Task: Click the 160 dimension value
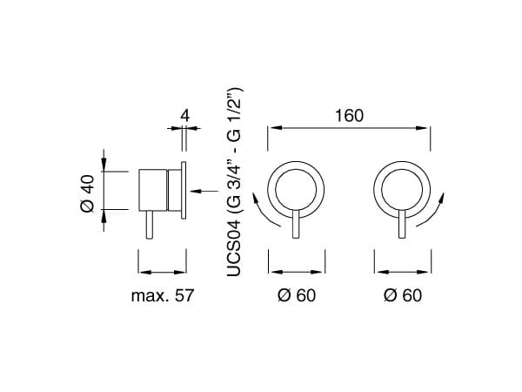pyautogui.click(x=349, y=116)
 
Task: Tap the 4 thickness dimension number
pyautogui.click(x=185, y=116)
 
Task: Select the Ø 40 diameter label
pyautogui.click(x=88, y=193)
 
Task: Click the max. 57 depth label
pyautogui.click(x=163, y=295)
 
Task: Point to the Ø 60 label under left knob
pyautogui.click(x=297, y=295)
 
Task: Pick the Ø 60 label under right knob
pyautogui.click(x=403, y=295)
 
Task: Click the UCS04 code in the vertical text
pyautogui.click(x=233, y=248)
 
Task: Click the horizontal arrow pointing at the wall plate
pyautogui.click(x=204, y=191)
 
